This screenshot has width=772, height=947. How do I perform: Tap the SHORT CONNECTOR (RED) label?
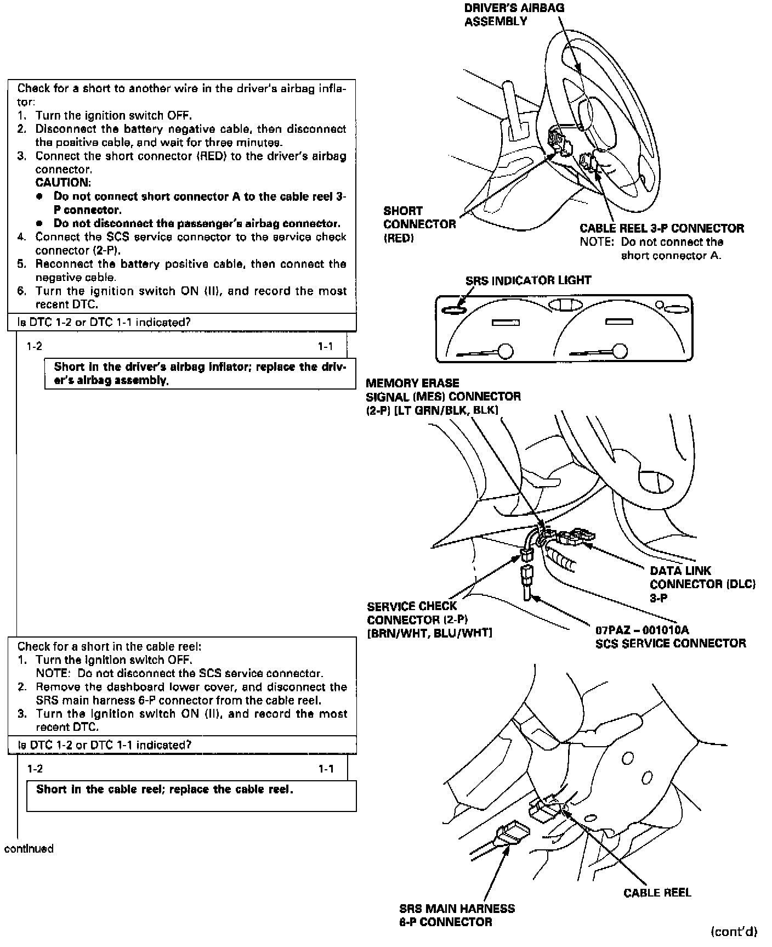coord(419,224)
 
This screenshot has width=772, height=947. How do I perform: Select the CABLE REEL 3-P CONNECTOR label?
coord(662,228)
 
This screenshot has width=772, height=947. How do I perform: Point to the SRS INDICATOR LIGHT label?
coord(528,280)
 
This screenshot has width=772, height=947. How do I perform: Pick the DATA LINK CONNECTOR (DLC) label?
coord(702,584)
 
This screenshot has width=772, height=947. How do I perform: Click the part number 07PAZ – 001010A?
coord(642,630)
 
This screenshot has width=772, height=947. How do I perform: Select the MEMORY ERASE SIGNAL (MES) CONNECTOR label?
coord(443,396)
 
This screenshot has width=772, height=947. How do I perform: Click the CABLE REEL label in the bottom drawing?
coord(657,893)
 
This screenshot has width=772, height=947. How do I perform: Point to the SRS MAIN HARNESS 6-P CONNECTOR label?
coord(457,915)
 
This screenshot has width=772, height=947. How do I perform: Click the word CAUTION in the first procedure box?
coord(63,183)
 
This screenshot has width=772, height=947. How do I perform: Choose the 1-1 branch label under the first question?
coord(325,346)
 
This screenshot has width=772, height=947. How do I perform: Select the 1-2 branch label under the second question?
coord(35,769)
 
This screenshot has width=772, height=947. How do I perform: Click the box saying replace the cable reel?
coord(191,796)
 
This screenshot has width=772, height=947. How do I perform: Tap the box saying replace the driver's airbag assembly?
coord(200,374)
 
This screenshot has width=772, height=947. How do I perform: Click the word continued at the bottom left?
coord(29,849)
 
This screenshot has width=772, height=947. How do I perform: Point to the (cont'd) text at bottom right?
coord(734,931)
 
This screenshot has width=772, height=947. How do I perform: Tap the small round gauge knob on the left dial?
coord(505,350)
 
